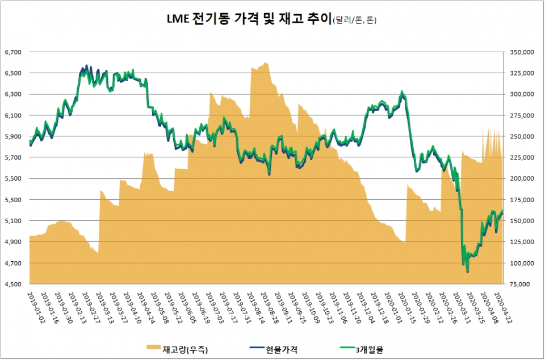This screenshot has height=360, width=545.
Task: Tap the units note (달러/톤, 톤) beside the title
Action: tap(347, 22)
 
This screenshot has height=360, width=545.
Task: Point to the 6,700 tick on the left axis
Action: tap(12, 52)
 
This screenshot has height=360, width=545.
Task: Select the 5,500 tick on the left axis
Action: tap(12, 179)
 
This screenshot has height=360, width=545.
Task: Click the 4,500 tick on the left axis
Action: tap(12, 284)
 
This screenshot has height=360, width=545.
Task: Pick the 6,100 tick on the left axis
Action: tap(12, 115)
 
